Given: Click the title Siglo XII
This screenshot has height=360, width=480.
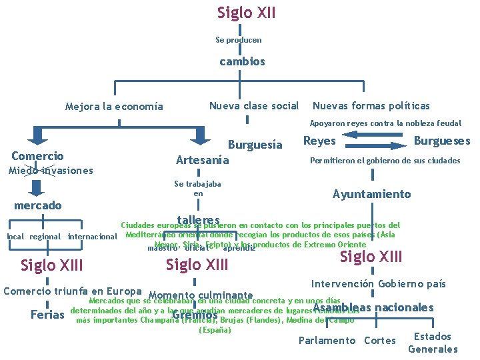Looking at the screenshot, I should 246,13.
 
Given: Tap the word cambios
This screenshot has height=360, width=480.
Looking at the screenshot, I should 243,61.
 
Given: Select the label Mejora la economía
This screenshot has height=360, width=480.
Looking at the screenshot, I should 113,107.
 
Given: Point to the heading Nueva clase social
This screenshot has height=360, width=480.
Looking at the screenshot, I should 254,105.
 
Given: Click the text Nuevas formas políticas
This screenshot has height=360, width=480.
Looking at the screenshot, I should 371,105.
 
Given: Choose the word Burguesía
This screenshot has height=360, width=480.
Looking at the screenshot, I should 255,144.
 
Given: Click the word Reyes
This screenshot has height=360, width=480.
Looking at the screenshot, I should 319,141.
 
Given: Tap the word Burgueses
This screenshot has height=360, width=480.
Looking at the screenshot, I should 442,141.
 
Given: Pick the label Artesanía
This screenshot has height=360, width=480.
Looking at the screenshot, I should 202,160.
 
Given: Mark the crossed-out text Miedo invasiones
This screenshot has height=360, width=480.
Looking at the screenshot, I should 51,170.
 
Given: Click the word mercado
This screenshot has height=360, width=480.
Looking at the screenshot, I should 38,205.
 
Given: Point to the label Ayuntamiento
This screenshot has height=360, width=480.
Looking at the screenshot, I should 372,194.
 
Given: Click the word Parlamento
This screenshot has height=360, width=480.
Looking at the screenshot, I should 327,341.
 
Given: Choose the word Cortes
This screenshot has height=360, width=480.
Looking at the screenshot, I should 380,341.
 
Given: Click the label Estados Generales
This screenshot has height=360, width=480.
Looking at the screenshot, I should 433,343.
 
